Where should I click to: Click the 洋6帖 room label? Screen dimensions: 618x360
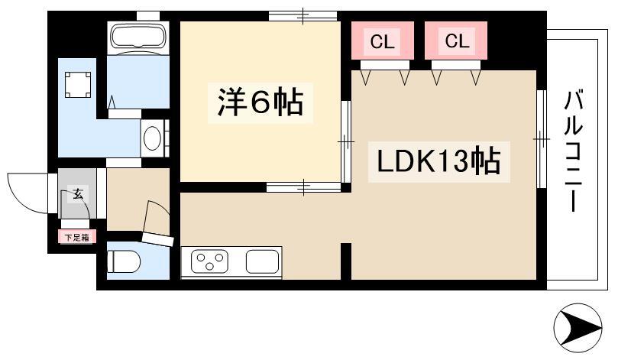260,102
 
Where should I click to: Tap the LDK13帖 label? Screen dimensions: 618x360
438,161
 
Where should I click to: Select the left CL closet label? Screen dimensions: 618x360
382,41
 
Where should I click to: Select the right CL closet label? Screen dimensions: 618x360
457,41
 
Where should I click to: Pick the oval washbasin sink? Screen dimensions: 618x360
152,138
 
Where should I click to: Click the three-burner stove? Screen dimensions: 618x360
209,262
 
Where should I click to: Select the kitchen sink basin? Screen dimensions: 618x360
262,262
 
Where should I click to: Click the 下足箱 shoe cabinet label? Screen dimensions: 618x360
77,238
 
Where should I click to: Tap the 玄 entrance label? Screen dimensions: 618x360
78,194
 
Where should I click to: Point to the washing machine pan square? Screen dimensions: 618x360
78,85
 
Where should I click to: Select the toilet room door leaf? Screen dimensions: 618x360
157,239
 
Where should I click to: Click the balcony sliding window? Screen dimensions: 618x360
542,139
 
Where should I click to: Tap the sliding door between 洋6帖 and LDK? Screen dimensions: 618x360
345,141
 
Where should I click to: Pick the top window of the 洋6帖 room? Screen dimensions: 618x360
303,16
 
